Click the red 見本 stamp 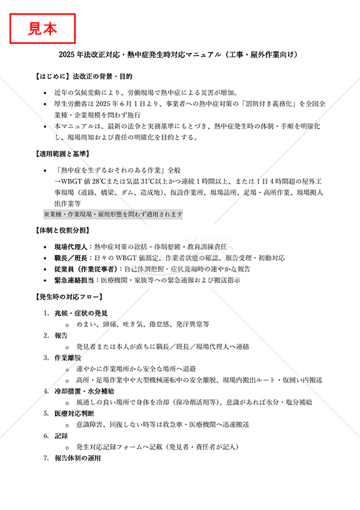tap(43, 28)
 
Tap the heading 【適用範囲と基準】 tap(62, 155)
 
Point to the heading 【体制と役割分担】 tap(62, 230)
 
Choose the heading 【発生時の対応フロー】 tap(69, 296)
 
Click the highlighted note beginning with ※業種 tap(113, 215)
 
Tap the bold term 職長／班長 tap(71, 258)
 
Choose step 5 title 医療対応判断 tap(73, 413)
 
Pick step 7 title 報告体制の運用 tap(78, 458)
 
